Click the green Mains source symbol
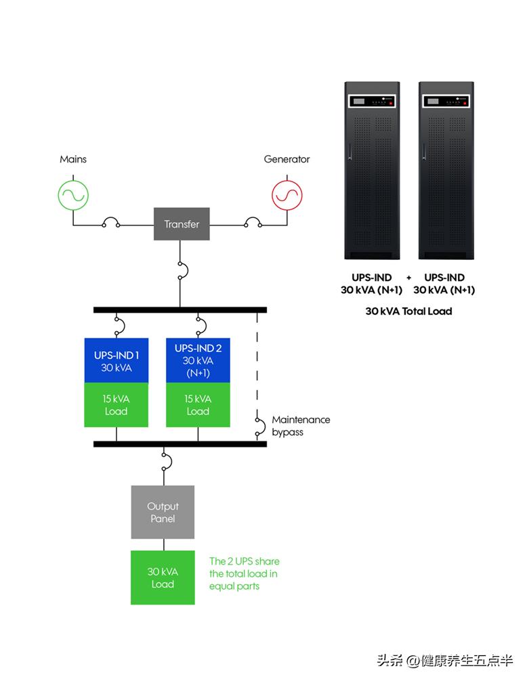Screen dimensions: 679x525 pyautogui.click(x=72, y=195)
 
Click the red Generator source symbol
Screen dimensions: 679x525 pyautogui.click(x=287, y=195)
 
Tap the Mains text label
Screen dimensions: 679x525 pyautogui.click(x=73, y=160)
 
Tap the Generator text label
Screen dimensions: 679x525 pyautogui.click(x=287, y=160)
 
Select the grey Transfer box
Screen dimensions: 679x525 pyautogui.click(x=182, y=224)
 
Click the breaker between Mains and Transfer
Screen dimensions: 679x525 pyautogui.click(x=110, y=223)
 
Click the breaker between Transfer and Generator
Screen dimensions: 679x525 pyautogui.click(x=253, y=223)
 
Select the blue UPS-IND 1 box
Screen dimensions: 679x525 pyautogui.click(x=116, y=360)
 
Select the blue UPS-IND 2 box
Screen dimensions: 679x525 pyautogui.click(x=198, y=360)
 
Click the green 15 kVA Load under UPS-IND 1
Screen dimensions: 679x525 pyautogui.click(x=116, y=405)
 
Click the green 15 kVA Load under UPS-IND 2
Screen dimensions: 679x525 pyautogui.click(x=198, y=405)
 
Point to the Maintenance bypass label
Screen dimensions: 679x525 pyautogui.click(x=301, y=425)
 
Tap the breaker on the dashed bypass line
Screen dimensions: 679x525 pyautogui.click(x=259, y=426)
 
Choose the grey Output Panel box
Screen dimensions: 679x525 pyautogui.click(x=163, y=512)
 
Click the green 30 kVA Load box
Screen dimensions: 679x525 pyautogui.click(x=163, y=577)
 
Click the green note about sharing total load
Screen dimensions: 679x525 pyautogui.click(x=244, y=573)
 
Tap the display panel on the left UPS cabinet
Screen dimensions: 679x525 pyautogui.click(x=372, y=102)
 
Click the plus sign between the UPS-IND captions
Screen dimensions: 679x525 pyautogui.click(x=409, y=278)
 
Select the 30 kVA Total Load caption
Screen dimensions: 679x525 pyautogui.click(x=408, y=311)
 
